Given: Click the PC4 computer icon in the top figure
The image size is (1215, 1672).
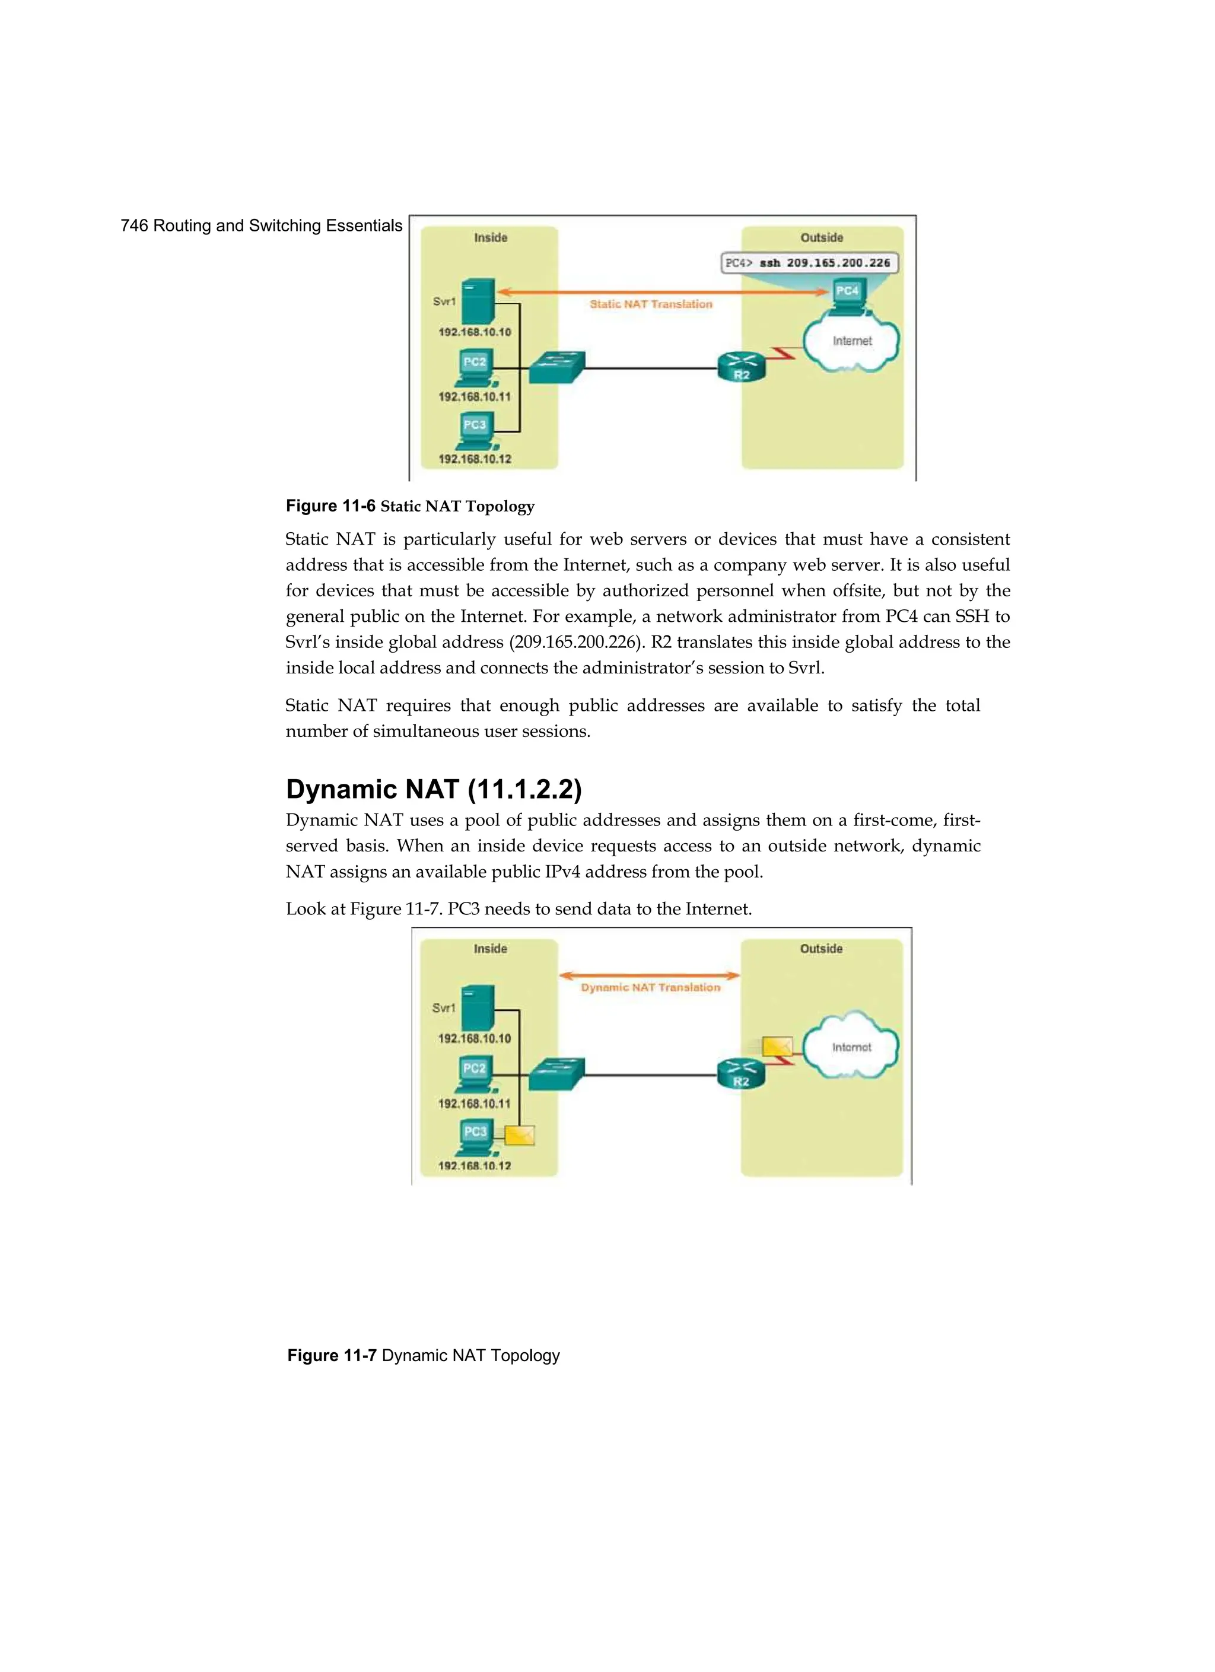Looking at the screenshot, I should point(848,295).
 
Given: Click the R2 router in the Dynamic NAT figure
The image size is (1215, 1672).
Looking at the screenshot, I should point(741,1073).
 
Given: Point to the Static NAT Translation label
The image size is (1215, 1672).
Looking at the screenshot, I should point(650,304).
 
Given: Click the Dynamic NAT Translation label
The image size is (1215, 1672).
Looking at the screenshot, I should point(650,987).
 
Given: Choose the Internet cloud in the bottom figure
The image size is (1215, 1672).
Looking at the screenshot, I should point(851,1047).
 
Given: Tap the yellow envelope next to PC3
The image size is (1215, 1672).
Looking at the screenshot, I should point(519,1135).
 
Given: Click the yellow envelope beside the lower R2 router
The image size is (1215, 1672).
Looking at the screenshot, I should point(777,1046).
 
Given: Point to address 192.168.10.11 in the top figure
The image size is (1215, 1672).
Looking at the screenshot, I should point(474,396).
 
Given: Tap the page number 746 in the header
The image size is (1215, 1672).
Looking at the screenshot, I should point(133,225).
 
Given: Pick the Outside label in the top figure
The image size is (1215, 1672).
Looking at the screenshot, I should point(821,237).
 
